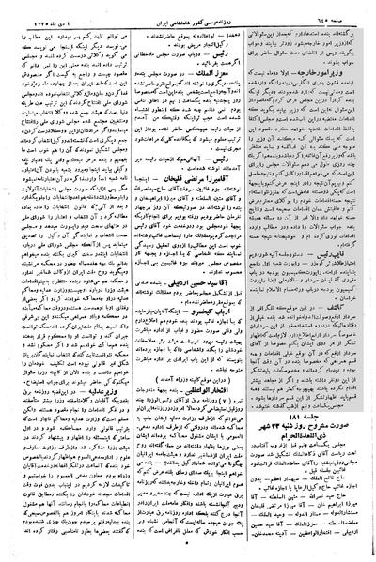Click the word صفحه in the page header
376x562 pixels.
click(345, 13)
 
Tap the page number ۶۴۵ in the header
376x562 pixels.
click(322, 13)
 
